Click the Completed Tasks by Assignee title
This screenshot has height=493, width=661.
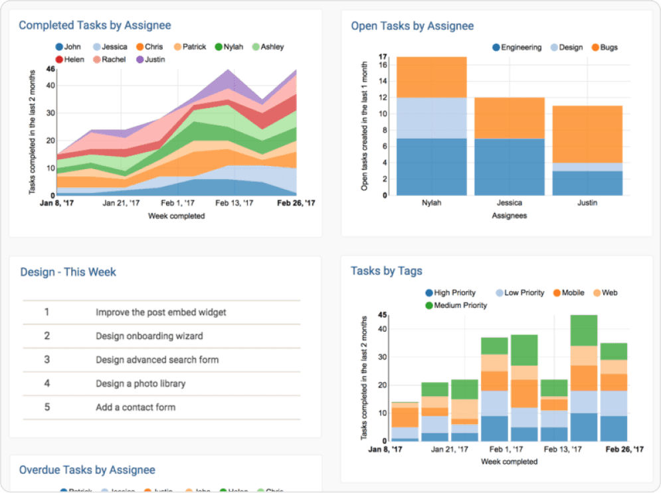[x=94, y=26]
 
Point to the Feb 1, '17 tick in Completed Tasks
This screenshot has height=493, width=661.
[x=178, y=203]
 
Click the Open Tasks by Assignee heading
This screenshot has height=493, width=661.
[x=412, y=26]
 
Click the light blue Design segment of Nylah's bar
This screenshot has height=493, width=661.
[x=431, y=118]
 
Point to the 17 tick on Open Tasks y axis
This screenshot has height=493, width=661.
[x=383, y=57]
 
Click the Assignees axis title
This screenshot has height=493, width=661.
[x=510, y=216]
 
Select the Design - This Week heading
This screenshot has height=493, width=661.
[x=68, y=272]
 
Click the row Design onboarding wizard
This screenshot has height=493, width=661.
[x=149, y=336]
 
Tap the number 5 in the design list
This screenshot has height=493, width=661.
[x=47, y=407]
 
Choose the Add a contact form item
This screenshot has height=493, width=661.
[x=136, y=407]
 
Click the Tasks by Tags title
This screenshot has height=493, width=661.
[x=386, y=271]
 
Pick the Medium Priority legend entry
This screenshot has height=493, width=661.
[x=460, y=305]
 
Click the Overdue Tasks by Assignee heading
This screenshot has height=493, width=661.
[x=87, y=470]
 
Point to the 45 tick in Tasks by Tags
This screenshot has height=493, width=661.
[x=382, y=315]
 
